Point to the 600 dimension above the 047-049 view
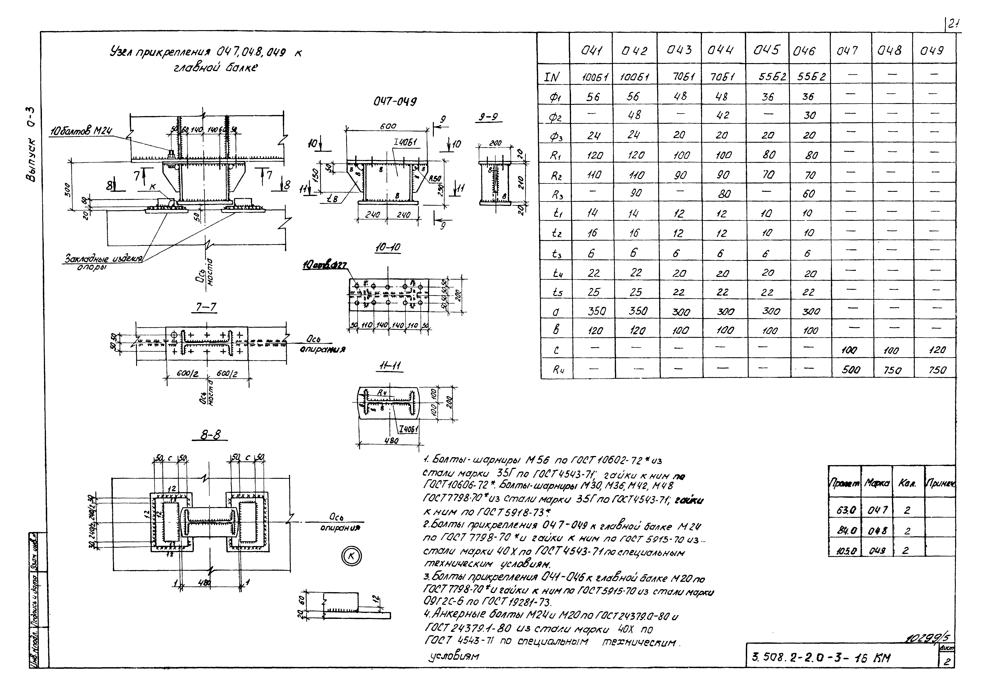(x=388, y=126)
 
